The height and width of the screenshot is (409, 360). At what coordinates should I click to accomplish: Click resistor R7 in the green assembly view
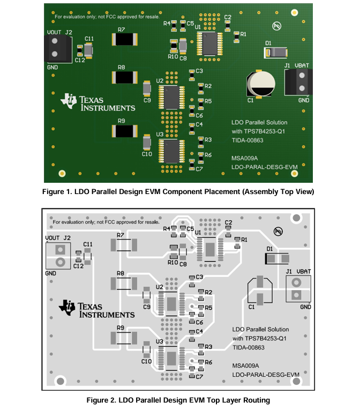(125, 39)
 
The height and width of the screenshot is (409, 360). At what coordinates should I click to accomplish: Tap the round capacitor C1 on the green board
(260, 84)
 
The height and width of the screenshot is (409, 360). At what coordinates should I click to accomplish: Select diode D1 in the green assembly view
(276, 53)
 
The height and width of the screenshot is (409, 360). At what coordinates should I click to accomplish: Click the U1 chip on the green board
(209, 44)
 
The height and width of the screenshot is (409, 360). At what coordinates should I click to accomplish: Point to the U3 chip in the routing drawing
(171, 359)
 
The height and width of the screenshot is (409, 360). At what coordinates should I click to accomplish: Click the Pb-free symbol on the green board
(276, 26)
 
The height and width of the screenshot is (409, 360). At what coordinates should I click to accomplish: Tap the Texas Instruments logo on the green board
(97, 102)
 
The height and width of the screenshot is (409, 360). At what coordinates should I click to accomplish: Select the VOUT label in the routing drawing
(52, 238)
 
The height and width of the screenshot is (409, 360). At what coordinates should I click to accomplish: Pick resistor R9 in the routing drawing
(124, 338)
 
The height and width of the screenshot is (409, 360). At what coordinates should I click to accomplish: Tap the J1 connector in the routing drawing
(298, 289)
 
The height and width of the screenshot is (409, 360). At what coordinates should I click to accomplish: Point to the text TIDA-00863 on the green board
(247, 140)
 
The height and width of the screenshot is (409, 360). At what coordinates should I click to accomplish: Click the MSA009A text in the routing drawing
(245, 366)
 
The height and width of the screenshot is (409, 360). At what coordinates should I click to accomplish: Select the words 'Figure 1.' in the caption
(57, 192)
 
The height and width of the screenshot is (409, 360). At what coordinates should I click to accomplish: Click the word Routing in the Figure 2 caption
(257, 400)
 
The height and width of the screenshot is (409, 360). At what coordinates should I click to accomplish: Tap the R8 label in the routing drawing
(120, 273)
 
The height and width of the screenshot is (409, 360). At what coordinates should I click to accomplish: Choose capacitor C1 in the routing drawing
(260, 290)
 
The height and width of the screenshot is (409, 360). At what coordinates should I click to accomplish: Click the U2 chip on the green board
(171, 98)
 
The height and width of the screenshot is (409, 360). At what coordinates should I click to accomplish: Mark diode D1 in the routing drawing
(277, 259)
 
